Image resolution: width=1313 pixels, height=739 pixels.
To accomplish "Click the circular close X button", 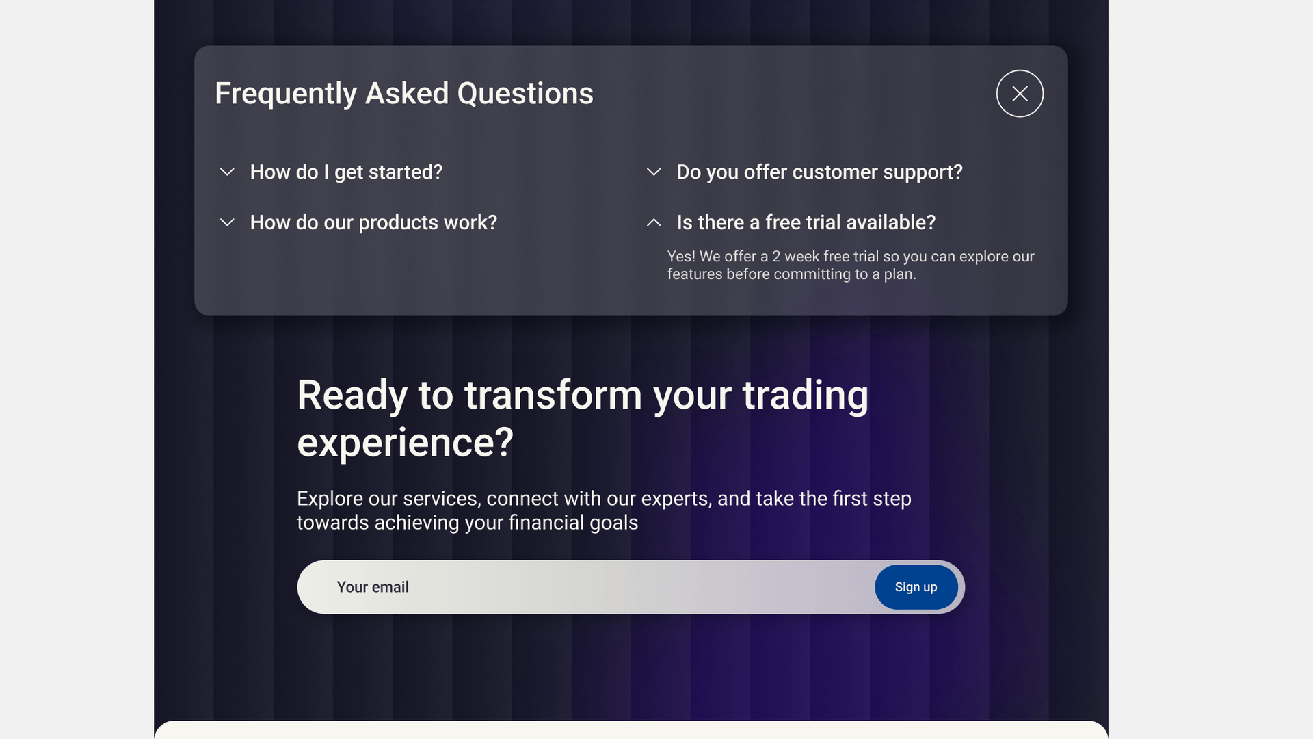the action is coord(1020,94).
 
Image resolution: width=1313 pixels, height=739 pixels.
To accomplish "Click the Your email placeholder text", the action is coord(373,587).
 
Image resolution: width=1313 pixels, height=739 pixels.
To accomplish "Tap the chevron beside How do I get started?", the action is coord(227,172).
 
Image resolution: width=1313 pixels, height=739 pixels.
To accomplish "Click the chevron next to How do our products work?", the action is coord(227,222).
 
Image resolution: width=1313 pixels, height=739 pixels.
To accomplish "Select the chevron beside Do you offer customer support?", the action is coord(654,172).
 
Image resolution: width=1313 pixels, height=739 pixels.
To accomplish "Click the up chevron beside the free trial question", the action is coord(654,222).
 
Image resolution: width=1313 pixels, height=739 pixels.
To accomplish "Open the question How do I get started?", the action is coord(346,172).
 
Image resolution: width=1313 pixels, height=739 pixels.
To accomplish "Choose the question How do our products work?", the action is coord(373,223).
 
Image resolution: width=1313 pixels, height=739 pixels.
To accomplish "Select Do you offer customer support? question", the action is coord(819,172).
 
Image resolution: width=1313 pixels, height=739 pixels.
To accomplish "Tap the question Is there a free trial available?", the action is coord(806,223).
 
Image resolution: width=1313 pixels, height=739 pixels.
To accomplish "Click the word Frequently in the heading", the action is coord(286,94).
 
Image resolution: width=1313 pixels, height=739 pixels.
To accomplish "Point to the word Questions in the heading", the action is coord(525,94).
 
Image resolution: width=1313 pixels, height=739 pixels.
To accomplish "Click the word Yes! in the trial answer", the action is coord(681,257).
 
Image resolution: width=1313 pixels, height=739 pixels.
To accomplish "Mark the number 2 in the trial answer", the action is coord(776,257).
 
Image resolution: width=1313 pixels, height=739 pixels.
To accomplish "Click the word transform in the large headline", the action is coord(553,396).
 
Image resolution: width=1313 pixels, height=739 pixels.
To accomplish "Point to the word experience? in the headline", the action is coord(405,443).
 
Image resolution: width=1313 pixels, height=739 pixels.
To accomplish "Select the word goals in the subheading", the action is coord(613,523).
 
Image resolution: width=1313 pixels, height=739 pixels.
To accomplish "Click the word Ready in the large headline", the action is coord(352,397).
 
